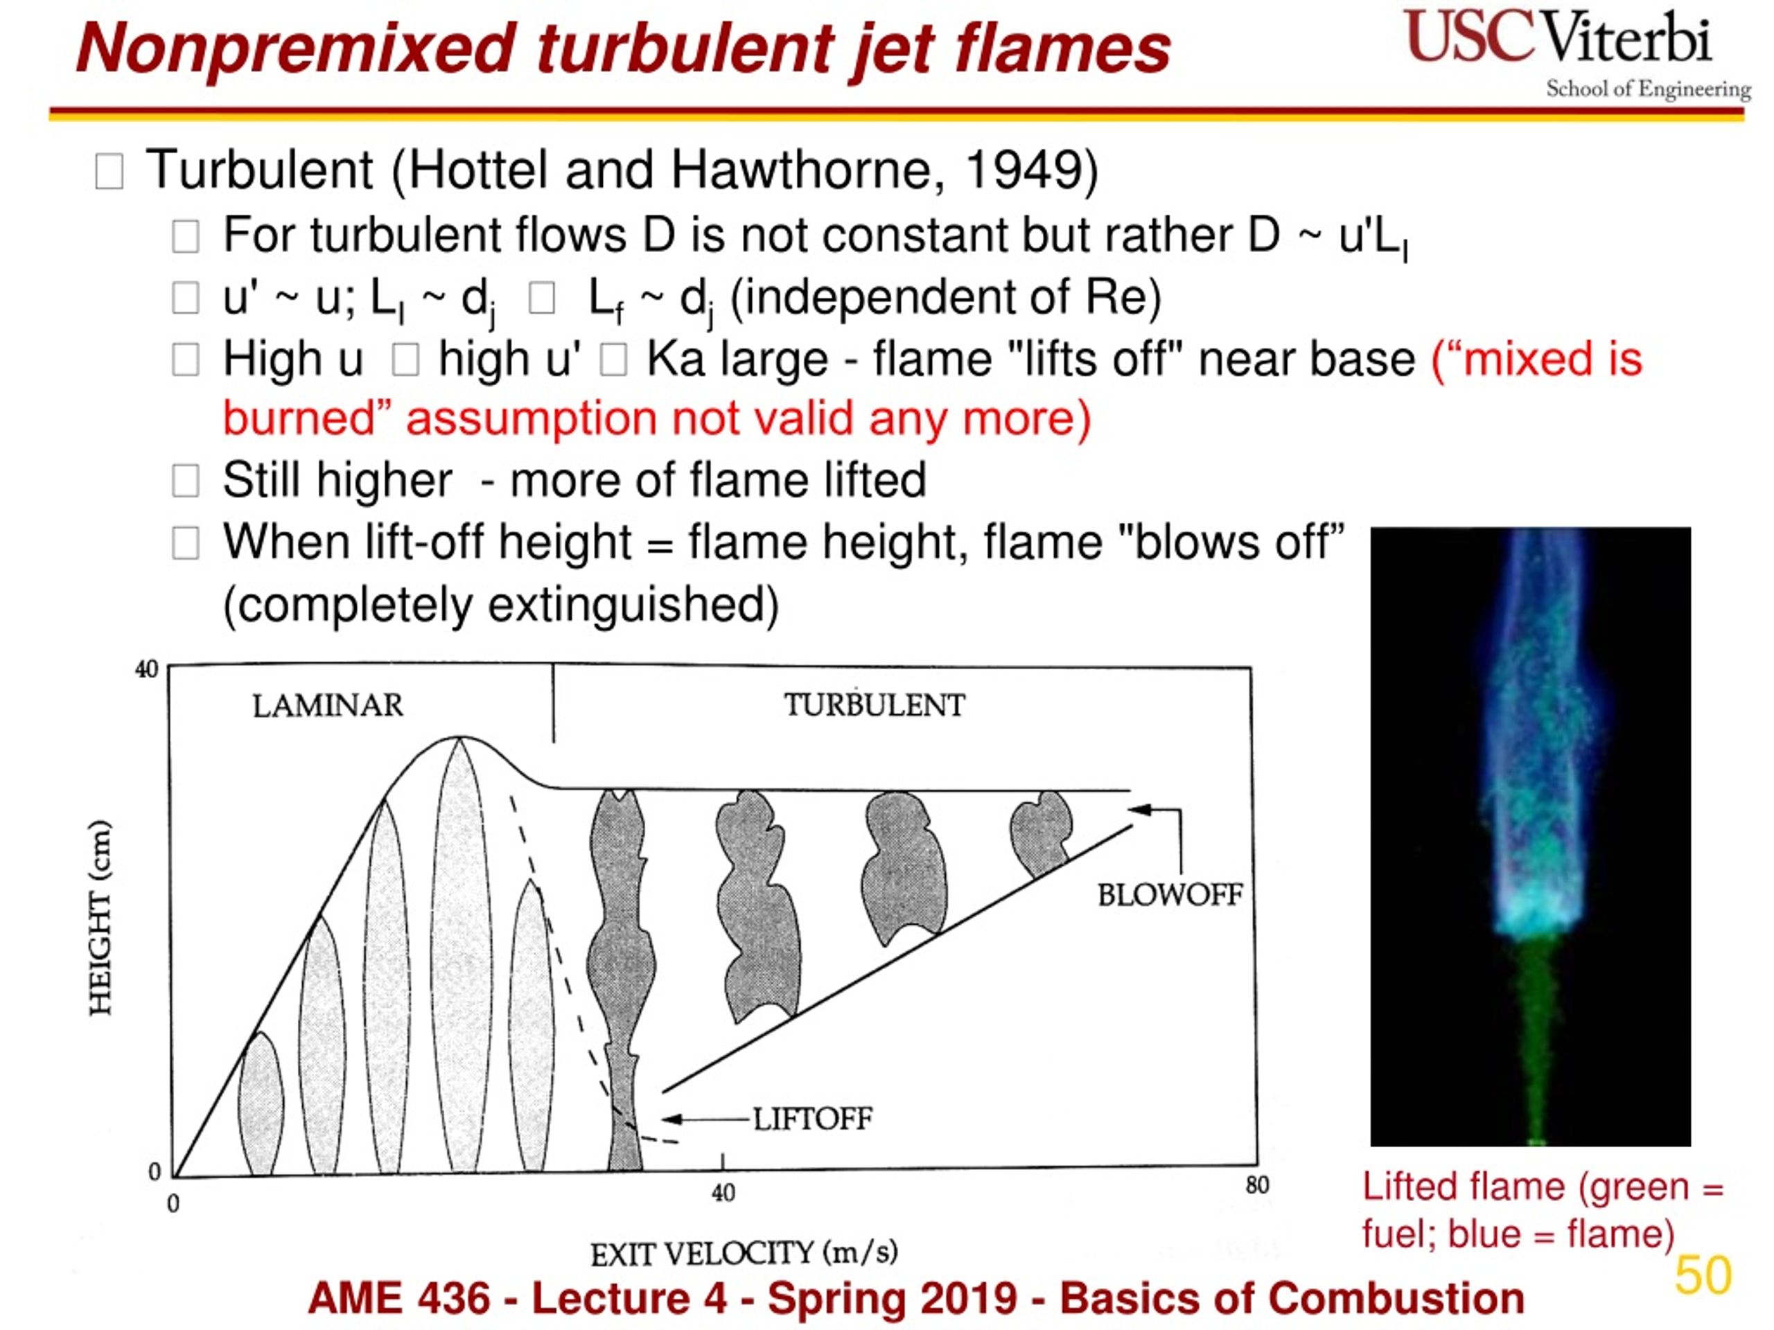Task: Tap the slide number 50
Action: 1703,1275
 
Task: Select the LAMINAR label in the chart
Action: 328,705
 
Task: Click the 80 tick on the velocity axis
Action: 1257,1185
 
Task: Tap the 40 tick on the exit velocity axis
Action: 723,1193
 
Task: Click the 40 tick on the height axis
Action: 147,668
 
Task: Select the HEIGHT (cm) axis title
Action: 100,918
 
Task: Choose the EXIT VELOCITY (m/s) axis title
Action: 744,1253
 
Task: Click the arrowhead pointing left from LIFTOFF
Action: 671,1119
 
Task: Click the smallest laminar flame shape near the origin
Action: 261,1105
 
